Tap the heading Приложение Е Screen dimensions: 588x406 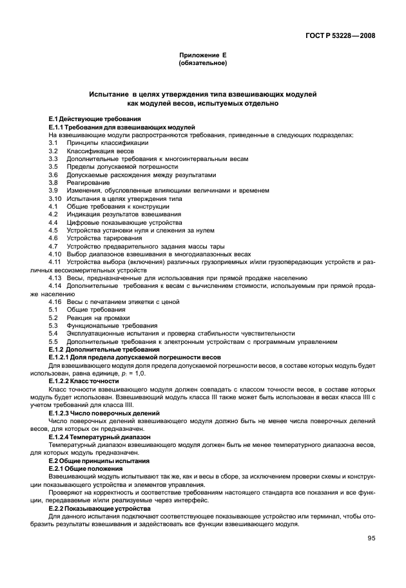[202, 56]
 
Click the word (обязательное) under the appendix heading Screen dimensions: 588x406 [202, 64]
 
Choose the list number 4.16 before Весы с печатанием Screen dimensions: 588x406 [55, 301]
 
